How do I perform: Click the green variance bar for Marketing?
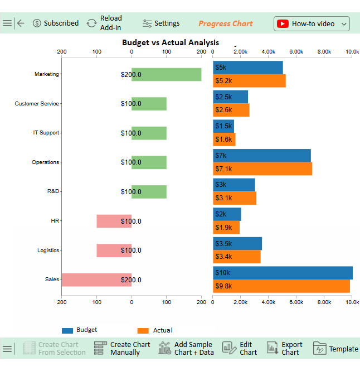point(166,75)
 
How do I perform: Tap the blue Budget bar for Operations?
point(261,155)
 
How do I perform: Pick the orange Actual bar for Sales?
point(281,286)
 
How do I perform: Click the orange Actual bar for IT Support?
point(224,139)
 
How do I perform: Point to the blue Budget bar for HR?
point(227,214)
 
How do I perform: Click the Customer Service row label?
point(37,104)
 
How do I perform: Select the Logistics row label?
point(48,250)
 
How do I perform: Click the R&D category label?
point(53,191)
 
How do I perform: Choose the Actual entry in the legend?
point(156,330)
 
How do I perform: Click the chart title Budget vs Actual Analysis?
point(171,42)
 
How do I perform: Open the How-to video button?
point(312,23)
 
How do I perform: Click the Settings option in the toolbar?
point(161,23)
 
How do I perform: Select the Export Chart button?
point(285,349)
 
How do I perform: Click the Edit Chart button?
point(241,349)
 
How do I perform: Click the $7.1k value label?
point(224,168)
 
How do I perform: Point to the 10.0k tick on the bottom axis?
point(352,302)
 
